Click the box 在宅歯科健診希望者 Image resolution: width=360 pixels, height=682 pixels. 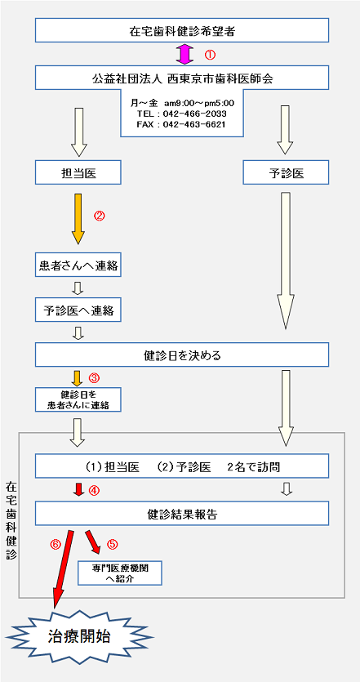182,30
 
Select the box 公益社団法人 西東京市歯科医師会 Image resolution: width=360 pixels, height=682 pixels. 182,78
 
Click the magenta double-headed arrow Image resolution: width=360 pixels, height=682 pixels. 185,54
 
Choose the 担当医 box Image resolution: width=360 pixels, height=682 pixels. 78,172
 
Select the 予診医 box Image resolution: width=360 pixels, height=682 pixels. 286,172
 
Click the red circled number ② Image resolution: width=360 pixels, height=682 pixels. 100,216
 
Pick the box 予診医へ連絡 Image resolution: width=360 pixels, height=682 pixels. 78,310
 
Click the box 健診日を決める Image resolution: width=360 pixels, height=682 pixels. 182,354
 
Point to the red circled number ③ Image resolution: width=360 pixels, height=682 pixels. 95,378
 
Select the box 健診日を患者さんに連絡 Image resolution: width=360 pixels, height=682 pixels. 78,399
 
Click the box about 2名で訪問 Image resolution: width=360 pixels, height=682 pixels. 182,466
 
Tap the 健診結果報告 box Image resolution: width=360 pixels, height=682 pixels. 182,513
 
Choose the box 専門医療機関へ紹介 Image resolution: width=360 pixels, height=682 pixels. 119,573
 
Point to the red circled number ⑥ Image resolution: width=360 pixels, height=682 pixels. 56,542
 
